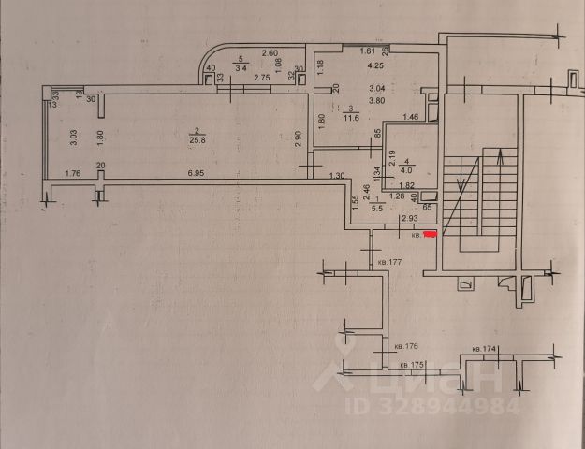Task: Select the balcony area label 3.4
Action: [x=241, y=68]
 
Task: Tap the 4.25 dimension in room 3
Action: [x=376, y=66]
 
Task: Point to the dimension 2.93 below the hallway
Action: [x=408, y=219]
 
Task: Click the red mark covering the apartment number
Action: [x=431, y=234]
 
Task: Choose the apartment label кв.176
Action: [x=406, y=347]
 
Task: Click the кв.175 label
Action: [x=412, y=364]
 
